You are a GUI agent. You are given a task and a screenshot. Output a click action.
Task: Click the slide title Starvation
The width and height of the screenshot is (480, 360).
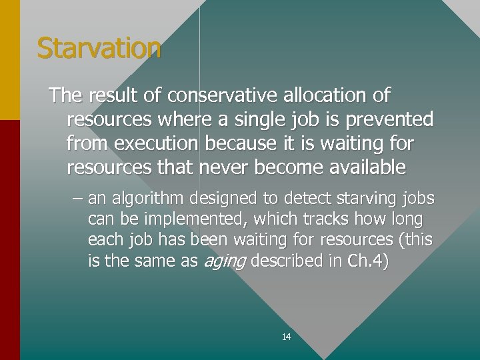coord(99,49)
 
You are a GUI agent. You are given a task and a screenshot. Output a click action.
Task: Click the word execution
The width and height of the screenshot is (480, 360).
coord(157,143)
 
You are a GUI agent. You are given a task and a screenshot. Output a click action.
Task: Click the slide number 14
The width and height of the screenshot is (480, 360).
coord(286,337)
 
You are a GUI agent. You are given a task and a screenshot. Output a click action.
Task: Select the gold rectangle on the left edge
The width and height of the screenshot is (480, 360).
coord(10,60)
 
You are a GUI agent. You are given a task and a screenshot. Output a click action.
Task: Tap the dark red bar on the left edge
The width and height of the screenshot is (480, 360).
coord(10,240)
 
